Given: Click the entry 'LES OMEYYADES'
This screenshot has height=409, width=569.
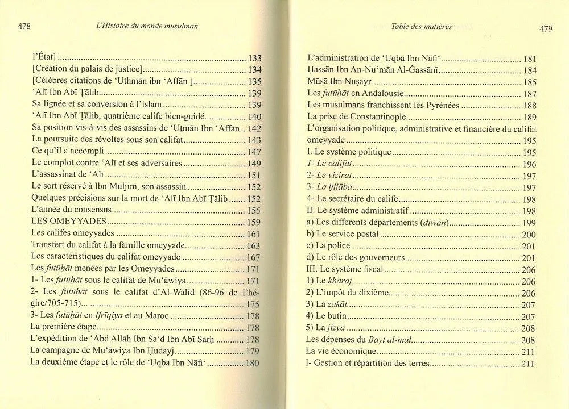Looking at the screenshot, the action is tap(63, 222).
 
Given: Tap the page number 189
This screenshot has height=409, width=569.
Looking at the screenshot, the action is tap(529, 118).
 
